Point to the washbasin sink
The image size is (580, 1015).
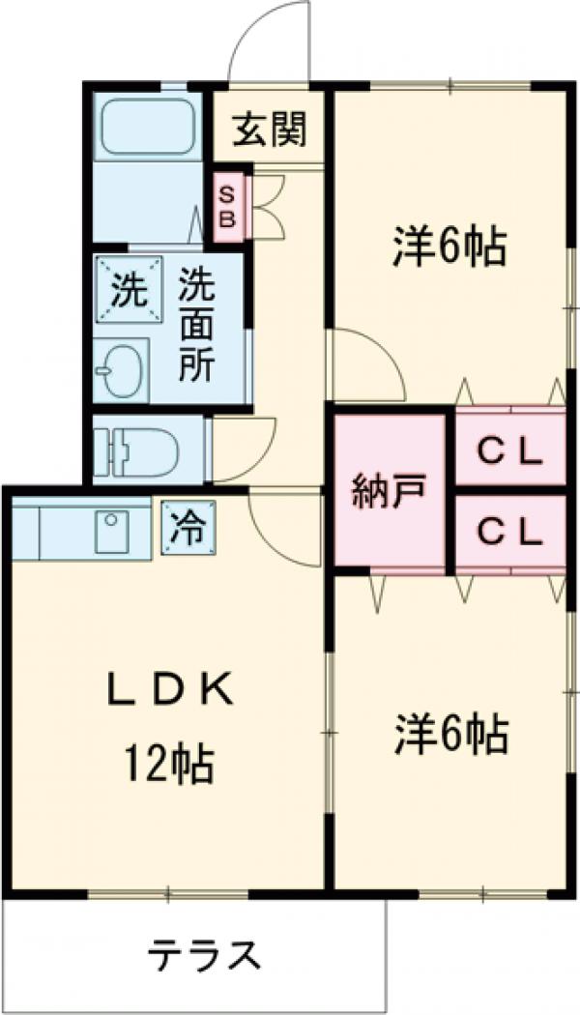[x=120, y=368]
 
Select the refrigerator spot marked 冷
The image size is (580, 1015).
[x=188, y=528]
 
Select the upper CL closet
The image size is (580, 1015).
[x=508, y=450]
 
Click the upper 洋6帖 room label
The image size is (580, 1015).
[x=449, y=247]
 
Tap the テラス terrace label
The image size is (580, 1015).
[x=204, y=956]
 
